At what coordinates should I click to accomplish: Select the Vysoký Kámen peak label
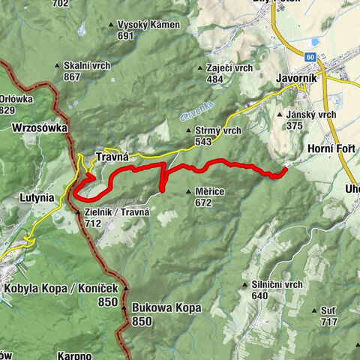pos(148,25)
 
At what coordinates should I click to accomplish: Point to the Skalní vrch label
pos(87,66)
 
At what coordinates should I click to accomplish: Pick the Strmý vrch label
pos(217,130)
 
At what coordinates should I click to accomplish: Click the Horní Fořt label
pos(331,149)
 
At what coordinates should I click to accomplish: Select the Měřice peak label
pos(209,192)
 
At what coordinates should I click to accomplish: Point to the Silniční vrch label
pos(277,285)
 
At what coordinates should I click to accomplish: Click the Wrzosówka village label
pos(40,128)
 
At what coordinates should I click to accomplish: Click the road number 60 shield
pos(310,55)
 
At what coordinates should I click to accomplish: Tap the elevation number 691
pos(126,35)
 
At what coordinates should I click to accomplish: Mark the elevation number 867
pos(73,76)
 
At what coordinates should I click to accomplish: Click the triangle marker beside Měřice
pos(187,192)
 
